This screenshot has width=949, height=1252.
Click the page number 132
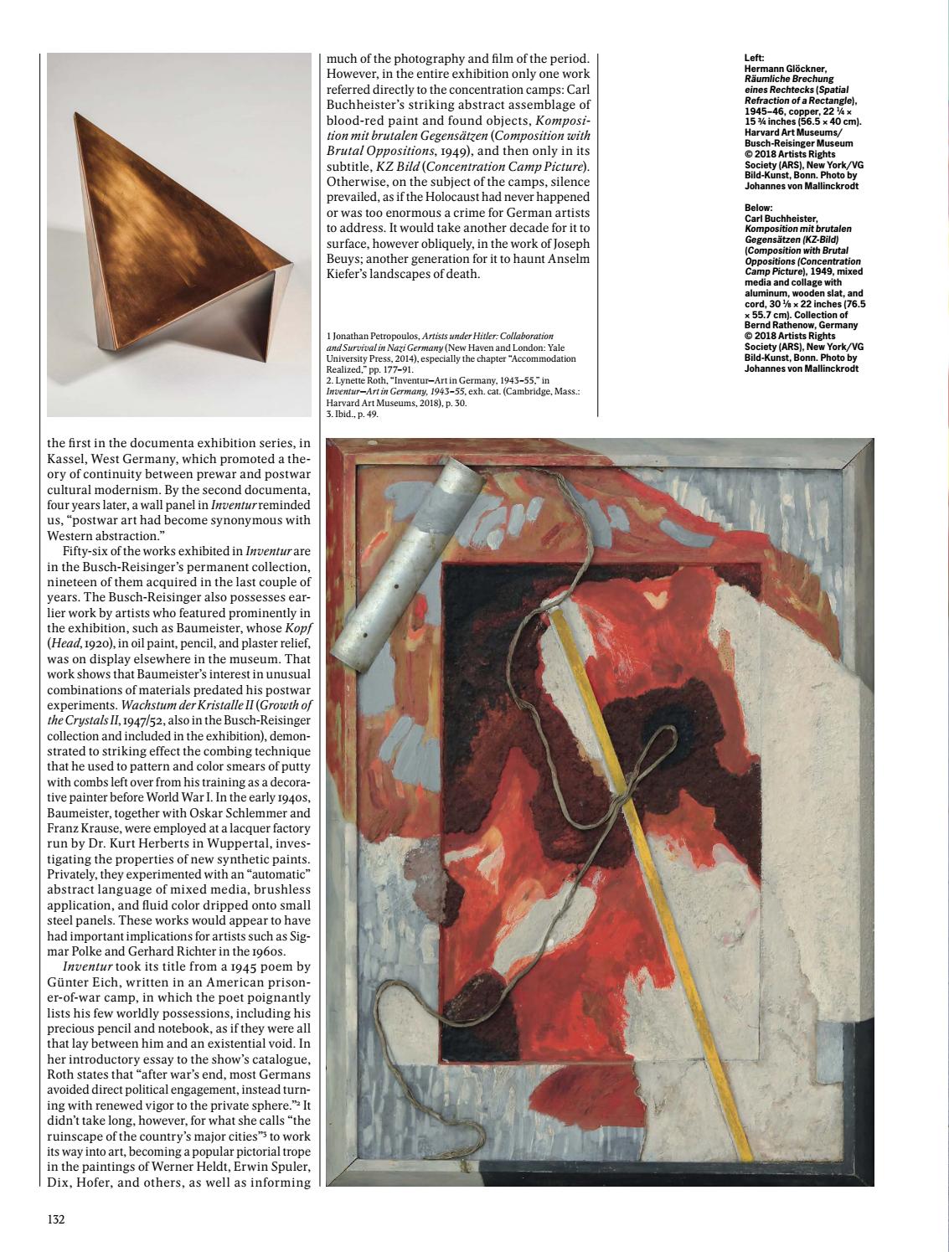pyautogui.click(x=56, y=1219)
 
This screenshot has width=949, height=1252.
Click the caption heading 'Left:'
pyautogui.click(x=753, y=58)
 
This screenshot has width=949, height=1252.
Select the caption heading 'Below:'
pyautogui.click(x=758, y=207)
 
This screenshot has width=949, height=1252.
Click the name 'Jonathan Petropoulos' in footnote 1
pyautogui.click(x=375, y=337)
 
